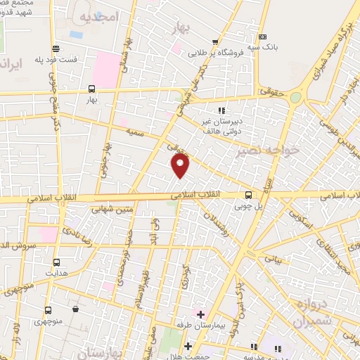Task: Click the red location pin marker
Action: (181, 165)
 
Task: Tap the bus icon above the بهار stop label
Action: (91, 89)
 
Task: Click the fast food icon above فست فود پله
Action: (50, 48)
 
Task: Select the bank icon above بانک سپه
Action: (262, 37)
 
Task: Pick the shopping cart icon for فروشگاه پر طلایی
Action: (215, 41)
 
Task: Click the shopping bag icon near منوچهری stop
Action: (75, 309)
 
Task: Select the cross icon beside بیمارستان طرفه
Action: (200, 313)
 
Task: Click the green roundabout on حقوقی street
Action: (296, 98)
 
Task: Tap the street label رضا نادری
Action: (75, 233)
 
